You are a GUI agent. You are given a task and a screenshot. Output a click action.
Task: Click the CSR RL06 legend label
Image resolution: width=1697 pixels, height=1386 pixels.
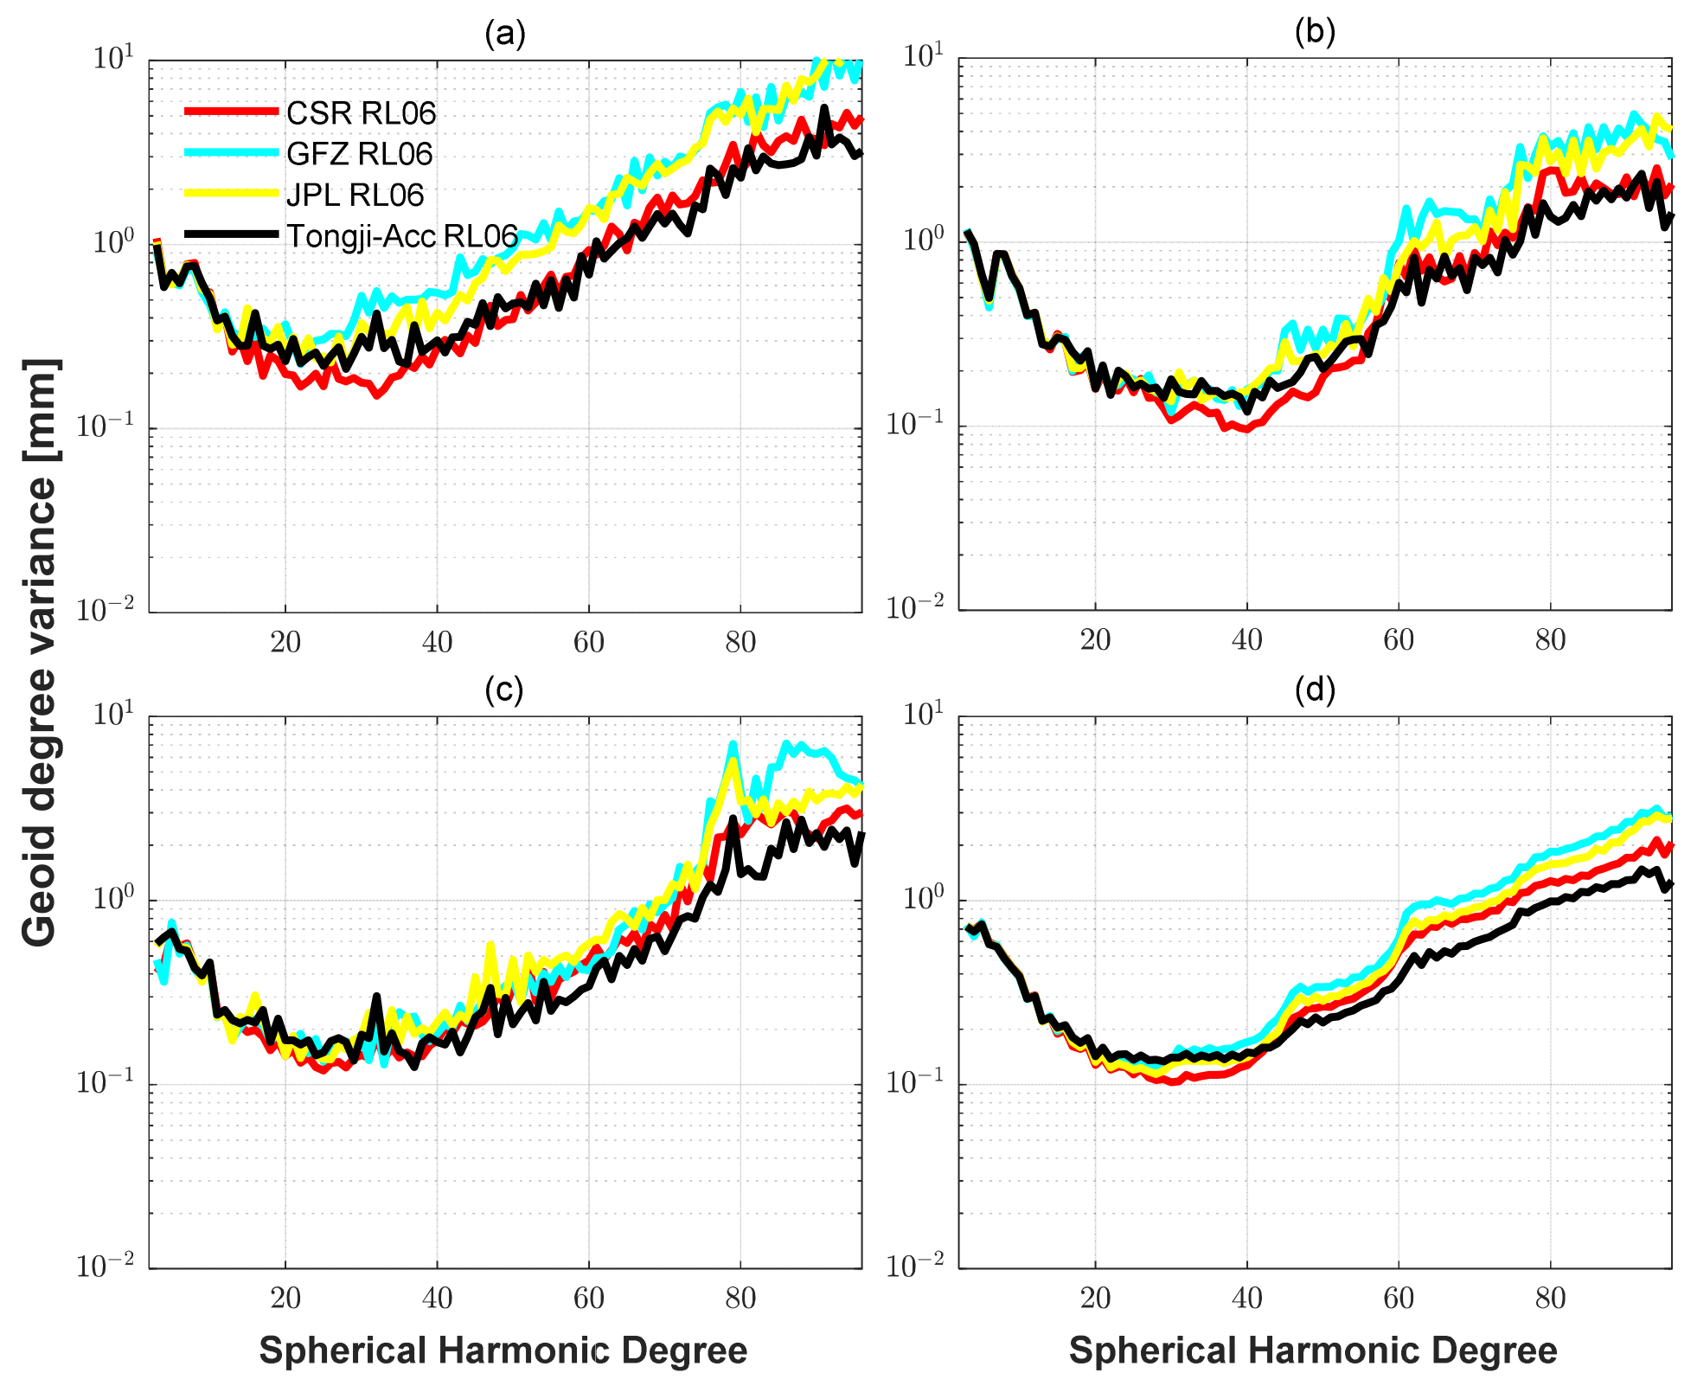(361, 113)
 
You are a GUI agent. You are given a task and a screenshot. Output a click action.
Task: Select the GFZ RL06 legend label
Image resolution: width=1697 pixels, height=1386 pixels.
(359, 154)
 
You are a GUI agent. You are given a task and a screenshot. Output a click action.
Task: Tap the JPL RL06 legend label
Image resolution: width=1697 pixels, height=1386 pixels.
(355, 195)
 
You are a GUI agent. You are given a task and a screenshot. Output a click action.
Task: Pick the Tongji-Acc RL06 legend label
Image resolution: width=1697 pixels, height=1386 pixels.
(402, 235)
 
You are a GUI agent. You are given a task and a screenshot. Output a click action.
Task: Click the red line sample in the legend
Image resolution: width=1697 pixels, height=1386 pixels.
(231, 112)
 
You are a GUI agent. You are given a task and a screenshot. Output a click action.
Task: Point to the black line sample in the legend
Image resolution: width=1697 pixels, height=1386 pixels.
(231, 234)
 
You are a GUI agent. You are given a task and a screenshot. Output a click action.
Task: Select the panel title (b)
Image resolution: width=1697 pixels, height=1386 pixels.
(1315, 32)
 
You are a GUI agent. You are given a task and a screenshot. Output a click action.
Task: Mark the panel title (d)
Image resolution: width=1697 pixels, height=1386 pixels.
(1315, 689)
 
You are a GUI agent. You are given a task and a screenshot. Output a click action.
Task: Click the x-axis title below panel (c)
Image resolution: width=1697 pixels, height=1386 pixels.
(503, 1350)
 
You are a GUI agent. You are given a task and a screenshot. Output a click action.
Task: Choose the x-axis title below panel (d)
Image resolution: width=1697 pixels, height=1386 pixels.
(1313, 1350)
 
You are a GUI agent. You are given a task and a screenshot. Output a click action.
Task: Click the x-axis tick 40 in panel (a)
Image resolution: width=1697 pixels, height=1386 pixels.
(437, 642)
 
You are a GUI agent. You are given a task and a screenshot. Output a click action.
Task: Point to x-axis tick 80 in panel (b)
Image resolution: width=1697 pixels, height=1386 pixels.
(1550, 640)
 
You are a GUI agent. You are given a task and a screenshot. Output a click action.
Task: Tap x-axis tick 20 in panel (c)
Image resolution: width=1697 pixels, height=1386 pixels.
(285, 1298)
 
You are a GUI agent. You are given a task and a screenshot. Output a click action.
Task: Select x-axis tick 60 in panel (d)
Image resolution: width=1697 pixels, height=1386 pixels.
(1399, 1298)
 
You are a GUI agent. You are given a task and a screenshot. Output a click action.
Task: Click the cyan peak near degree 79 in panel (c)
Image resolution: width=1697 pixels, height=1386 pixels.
(733, 744)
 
